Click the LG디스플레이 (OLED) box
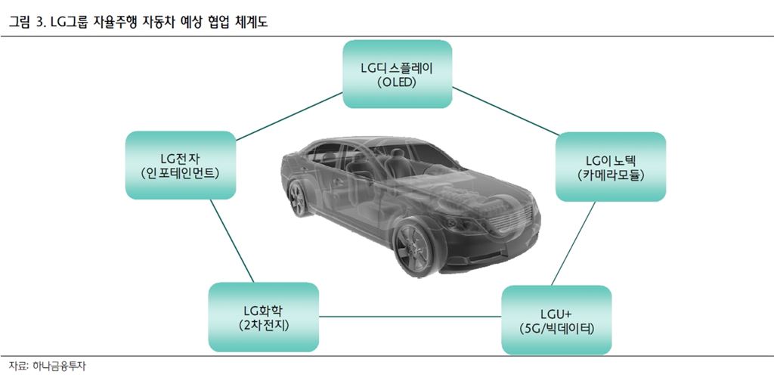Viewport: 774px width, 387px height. pos(397,74)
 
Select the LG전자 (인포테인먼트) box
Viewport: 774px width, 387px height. pos(180,166)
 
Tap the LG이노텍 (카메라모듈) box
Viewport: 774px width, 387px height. pos(611,167)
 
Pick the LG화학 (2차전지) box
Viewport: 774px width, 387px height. pos(263,317)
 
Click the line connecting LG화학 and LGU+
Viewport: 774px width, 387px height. pos(410,317)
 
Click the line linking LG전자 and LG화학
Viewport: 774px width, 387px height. pos(230,240)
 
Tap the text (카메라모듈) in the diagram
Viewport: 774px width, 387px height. pos(611,175)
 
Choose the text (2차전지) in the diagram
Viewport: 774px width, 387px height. pos(263,325)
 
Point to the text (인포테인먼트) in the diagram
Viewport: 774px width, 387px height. pos(180,174)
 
